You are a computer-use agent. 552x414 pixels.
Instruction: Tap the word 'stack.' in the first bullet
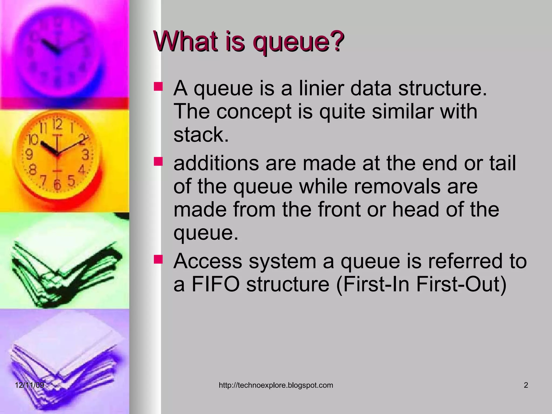click(201, 134)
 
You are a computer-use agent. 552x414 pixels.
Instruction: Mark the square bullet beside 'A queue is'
click(158, 87)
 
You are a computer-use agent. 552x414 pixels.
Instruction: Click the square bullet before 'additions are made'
click(158, 162)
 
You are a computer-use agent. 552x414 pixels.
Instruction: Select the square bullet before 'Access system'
click(158, 259)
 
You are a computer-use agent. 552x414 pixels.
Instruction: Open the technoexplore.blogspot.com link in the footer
click(276, 385)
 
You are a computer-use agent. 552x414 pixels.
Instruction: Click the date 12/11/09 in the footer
click(29, 385)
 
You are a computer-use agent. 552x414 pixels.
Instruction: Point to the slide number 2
click(526, 385)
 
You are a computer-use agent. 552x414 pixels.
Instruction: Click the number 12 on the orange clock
click(57, 125)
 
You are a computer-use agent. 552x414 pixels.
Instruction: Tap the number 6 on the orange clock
click(57, 184)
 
